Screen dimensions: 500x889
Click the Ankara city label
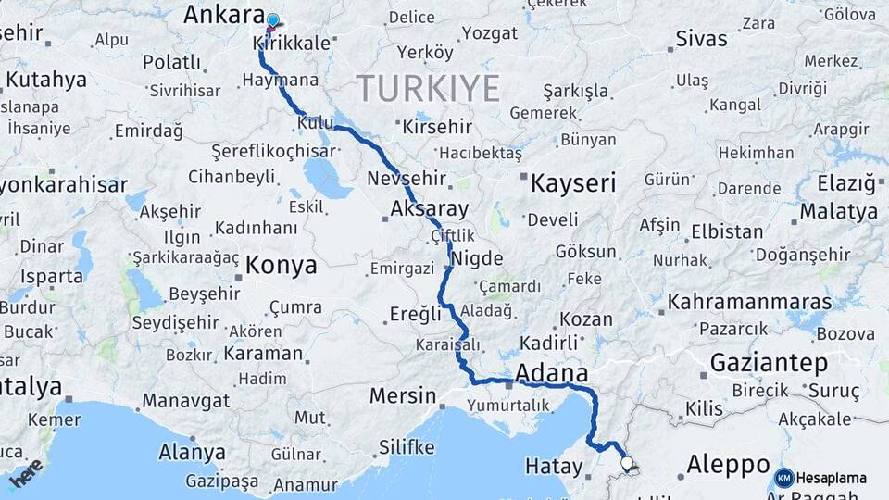click(224, 15)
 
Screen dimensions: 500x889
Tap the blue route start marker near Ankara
click(272, 20)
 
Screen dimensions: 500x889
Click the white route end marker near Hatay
click(627, 462)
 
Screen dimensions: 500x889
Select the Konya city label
click(282, 266)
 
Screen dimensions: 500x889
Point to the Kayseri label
click(573, 183)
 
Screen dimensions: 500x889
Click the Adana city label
click(552, 373)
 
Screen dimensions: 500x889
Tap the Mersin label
click(403, 396)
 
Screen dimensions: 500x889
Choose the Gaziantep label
click(769, 363)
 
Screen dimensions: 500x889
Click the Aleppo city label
click(729, 464)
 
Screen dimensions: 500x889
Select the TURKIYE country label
click(429, 89)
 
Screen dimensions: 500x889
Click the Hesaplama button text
click(832, 478)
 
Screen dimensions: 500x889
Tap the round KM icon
click(783, 478)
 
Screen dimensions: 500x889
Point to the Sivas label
click(701, 39)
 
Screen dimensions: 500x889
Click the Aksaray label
click(430, 209)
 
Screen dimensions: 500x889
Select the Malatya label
click(839, 211)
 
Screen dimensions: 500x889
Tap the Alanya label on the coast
click(192, 453)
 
